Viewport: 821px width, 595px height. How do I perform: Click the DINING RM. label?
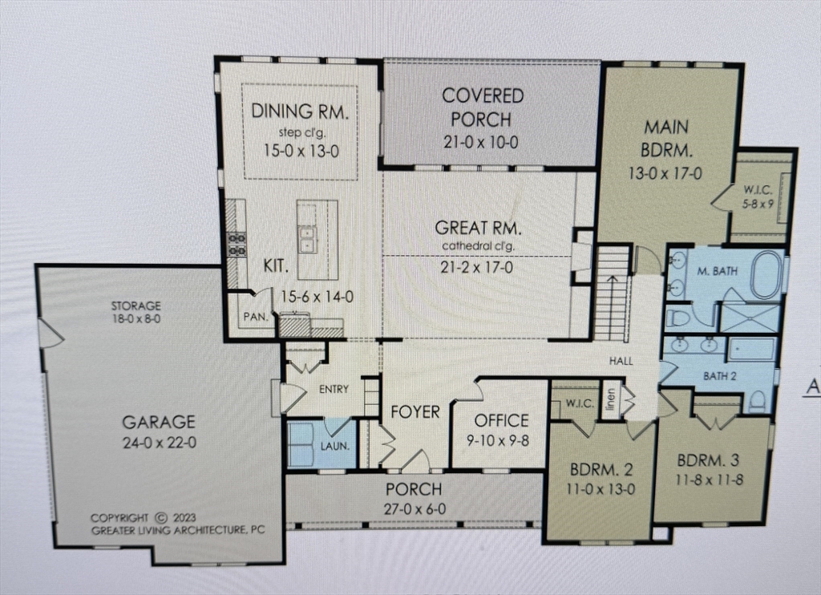[300, 111]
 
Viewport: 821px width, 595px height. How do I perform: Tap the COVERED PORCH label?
[483, 107]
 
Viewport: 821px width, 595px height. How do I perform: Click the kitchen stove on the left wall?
[237, 244]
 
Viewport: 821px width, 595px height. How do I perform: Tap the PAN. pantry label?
[255, 316]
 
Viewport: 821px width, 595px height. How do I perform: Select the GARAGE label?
[159, 421]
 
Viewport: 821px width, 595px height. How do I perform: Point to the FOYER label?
[415, 412]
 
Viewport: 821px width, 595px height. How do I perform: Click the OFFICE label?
[501, 420]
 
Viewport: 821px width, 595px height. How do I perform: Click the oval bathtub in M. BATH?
[768, 275]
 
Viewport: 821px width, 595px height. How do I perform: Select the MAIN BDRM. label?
[666, 137]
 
